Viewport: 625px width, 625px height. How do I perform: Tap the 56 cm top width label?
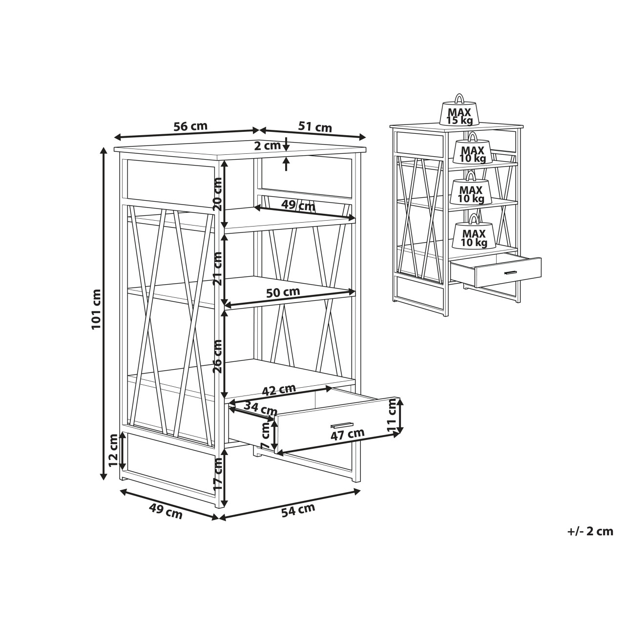pos(190,126)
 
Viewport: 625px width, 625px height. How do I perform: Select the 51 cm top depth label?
pos(315,127)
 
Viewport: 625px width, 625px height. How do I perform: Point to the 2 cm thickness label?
pos(267,146)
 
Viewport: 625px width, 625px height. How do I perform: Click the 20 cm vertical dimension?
pos(218,194)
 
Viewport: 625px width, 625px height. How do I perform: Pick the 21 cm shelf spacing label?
pos(218,269)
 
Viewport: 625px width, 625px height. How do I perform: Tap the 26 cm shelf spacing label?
pos(218,356)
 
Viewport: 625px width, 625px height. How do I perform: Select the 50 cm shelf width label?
pos(283,292)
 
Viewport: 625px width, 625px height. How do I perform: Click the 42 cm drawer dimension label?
pos(279,390)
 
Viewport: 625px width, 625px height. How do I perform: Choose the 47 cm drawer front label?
pos(347,434)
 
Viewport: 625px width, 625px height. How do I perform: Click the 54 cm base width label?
pos(298,510)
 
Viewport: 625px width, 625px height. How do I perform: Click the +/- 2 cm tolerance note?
pos(590,541)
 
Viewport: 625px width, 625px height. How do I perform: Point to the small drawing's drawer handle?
pos(510,272)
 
